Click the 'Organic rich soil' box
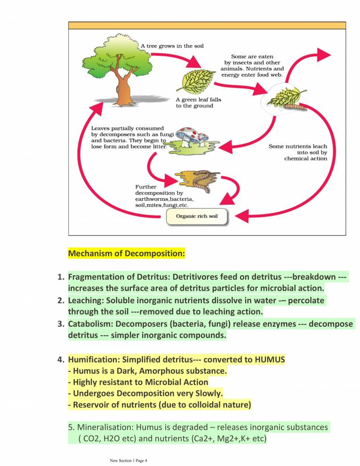[x=197, y=217]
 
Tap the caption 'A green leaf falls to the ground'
[x=198, y=103]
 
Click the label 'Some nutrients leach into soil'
[x=297, y=153]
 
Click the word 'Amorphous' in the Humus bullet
[x=170, y=371]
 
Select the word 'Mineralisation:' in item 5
[x=105, y=427]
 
